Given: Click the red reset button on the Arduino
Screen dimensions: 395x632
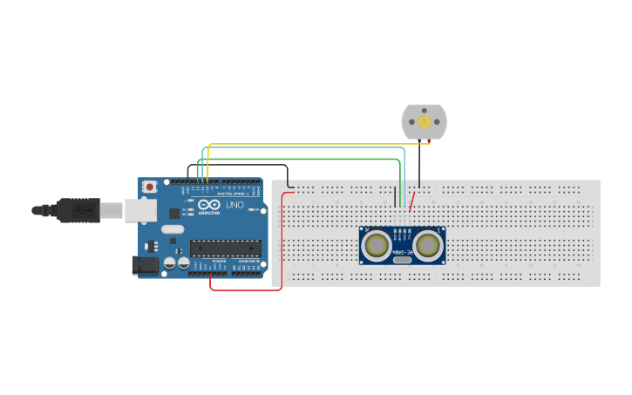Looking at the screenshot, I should click(150, 187).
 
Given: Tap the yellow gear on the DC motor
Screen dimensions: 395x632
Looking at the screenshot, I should click(425, 122).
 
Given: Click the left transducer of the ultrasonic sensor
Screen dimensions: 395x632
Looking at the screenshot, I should click(377, 245).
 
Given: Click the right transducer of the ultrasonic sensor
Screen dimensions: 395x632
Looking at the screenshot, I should click(427, 245).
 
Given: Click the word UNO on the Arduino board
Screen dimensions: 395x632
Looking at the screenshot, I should click(234, 205).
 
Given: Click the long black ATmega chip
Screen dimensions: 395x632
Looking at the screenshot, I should click(225, 248).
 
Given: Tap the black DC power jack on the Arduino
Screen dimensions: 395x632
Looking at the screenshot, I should click(144, 264).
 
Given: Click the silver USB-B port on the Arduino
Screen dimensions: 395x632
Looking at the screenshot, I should click(139, 209).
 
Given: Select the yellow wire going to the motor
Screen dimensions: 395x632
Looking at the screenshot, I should click(314, 144).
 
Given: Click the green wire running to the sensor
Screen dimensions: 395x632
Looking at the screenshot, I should click(305, 159).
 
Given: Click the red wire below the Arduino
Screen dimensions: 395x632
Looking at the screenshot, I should click(244, 289).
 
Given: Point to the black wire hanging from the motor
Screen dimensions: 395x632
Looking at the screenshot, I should click(418, 166).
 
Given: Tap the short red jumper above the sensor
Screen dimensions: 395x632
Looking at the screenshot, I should click(412, 202).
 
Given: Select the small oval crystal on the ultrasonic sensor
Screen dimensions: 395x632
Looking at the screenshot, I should click(402, 259).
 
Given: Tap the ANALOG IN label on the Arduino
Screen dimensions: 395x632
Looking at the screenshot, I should click(248, 261).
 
